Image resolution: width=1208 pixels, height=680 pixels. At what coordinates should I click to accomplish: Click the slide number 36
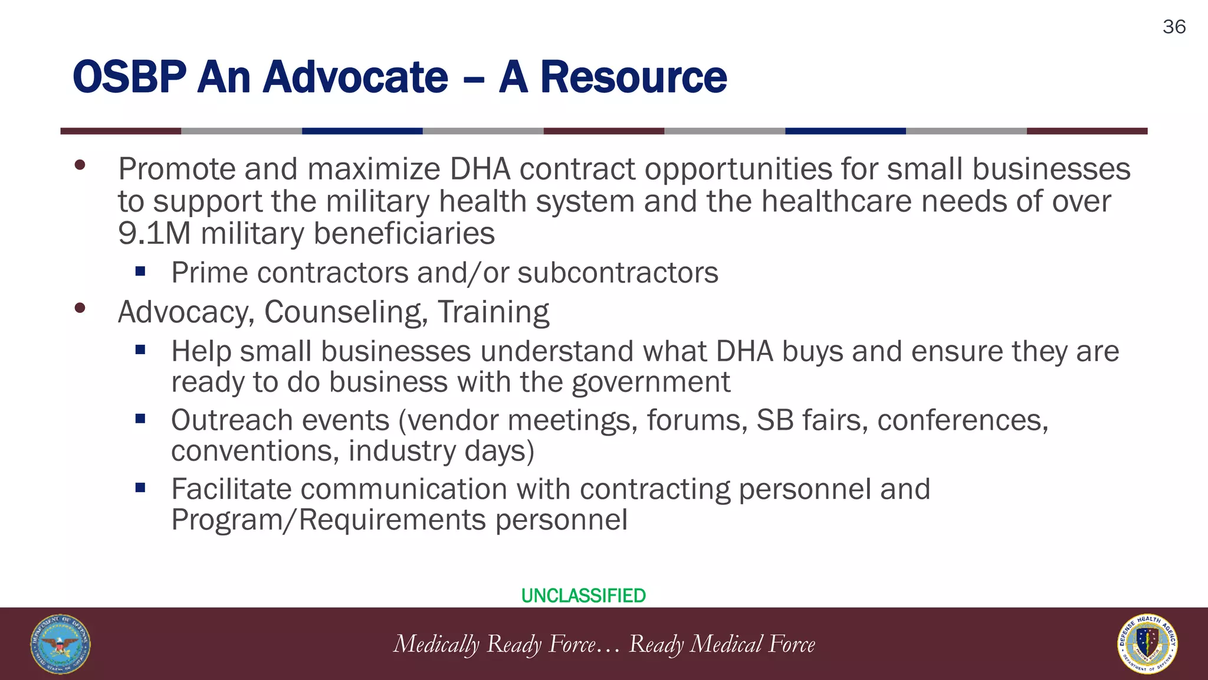(1174, 27)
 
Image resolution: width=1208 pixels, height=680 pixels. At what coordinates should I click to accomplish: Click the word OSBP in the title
(129, 77)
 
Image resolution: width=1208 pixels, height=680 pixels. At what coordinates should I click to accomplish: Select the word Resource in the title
(633, 77)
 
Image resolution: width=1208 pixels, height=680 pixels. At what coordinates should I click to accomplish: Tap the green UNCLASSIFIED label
(583, 596)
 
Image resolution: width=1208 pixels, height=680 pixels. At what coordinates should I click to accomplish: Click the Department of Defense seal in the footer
(60, 644)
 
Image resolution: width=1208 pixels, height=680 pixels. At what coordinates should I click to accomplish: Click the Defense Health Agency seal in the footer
(1147, 644)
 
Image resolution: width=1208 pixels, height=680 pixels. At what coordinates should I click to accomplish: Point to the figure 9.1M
(154, 233)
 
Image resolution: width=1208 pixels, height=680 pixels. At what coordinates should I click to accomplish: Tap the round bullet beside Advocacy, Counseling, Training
(80, 308)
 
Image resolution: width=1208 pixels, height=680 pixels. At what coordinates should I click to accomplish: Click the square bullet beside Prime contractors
(140, 272)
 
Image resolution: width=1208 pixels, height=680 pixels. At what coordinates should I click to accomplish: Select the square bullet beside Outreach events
(140, 419)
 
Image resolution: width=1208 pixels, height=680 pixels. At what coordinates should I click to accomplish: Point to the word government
(651, 382)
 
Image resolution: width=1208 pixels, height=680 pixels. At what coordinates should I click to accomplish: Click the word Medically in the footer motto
(436, 644)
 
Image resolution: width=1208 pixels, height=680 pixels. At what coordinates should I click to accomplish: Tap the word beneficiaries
(404, 233)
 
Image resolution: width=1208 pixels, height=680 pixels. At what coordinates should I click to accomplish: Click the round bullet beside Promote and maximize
(80, 165)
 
